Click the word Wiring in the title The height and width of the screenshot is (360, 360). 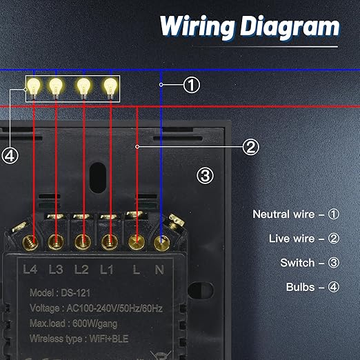click(x=198, y=27)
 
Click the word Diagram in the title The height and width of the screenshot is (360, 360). click(x=290, y=28)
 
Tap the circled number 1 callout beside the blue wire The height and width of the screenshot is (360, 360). click(x=192, y=85)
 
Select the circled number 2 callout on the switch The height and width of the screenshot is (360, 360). click(x=250, y=147)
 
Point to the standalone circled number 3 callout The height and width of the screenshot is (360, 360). click(x=205, y=176)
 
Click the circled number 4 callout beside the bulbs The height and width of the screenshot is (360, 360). click(x=10, y=156)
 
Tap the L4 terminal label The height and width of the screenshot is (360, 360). click(x=30, y=269)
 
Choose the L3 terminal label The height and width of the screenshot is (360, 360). click(x=56, y=269)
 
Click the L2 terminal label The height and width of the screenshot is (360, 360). click(x=81, y=269)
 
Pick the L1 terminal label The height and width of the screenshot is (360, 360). click(x=106, y=269)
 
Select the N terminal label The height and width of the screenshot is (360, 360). click(x=159, y=270)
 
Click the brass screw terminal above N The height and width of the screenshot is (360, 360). click(x=161, y=243)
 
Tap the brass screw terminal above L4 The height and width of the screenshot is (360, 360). click(x=30, y=243)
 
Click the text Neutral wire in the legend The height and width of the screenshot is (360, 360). click(x=283, y=214)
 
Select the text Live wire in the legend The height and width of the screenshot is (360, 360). click(x=292, y=239)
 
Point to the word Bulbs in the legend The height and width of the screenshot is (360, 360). click(x=300, y=287)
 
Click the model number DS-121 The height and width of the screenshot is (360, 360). click(x=75, y=293)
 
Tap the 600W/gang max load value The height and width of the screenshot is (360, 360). click(x=94, y=323)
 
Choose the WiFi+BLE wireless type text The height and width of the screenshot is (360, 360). click(x=109, y=339)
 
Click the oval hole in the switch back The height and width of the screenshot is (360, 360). click(x=98, y=178)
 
